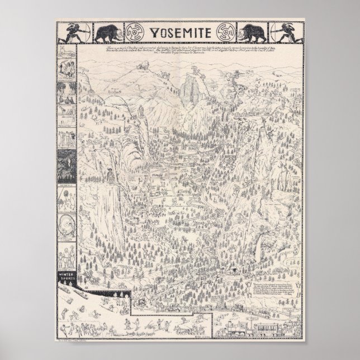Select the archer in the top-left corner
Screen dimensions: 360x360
(74, 33)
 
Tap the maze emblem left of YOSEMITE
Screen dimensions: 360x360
(135, 33)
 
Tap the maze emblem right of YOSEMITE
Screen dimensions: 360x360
(226, 33)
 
